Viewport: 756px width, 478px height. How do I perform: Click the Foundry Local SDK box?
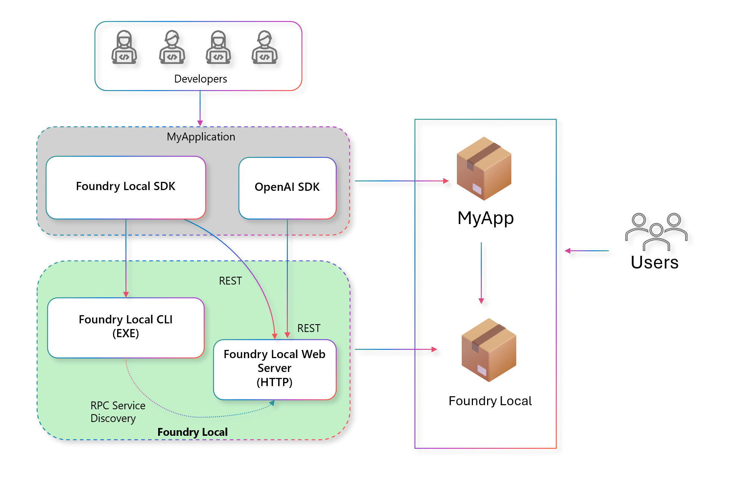coord(126,187)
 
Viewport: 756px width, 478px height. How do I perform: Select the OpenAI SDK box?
coord(287,188)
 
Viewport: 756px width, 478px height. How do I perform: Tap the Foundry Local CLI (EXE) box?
coord(126,327)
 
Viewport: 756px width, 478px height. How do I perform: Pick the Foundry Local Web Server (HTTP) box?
coord(275,369)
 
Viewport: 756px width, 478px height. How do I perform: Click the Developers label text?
coord(200,79)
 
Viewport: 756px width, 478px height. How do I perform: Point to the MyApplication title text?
coord(201,137)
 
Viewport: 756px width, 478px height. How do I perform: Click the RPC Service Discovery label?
coord(117,412)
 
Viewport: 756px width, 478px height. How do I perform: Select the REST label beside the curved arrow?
coord(230,281)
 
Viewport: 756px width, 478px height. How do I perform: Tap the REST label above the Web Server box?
coord(308,328)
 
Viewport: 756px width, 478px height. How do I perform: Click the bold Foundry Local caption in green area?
coord(192,432)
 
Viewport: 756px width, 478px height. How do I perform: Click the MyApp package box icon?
coord(484,168)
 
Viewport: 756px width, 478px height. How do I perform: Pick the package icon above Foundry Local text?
coord(489,350)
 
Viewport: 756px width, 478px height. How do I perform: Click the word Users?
coord(655,263)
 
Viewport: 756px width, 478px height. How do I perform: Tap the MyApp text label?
coord(486,218)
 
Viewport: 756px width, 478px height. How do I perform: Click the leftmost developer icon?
coord(124,47)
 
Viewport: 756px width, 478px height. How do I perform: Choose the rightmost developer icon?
coord(264,47)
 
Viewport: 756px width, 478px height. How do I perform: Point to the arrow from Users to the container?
coord(587,251)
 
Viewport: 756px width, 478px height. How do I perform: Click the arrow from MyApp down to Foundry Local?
coord(481,273)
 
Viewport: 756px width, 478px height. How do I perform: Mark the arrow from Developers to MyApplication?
coord(200,108)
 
